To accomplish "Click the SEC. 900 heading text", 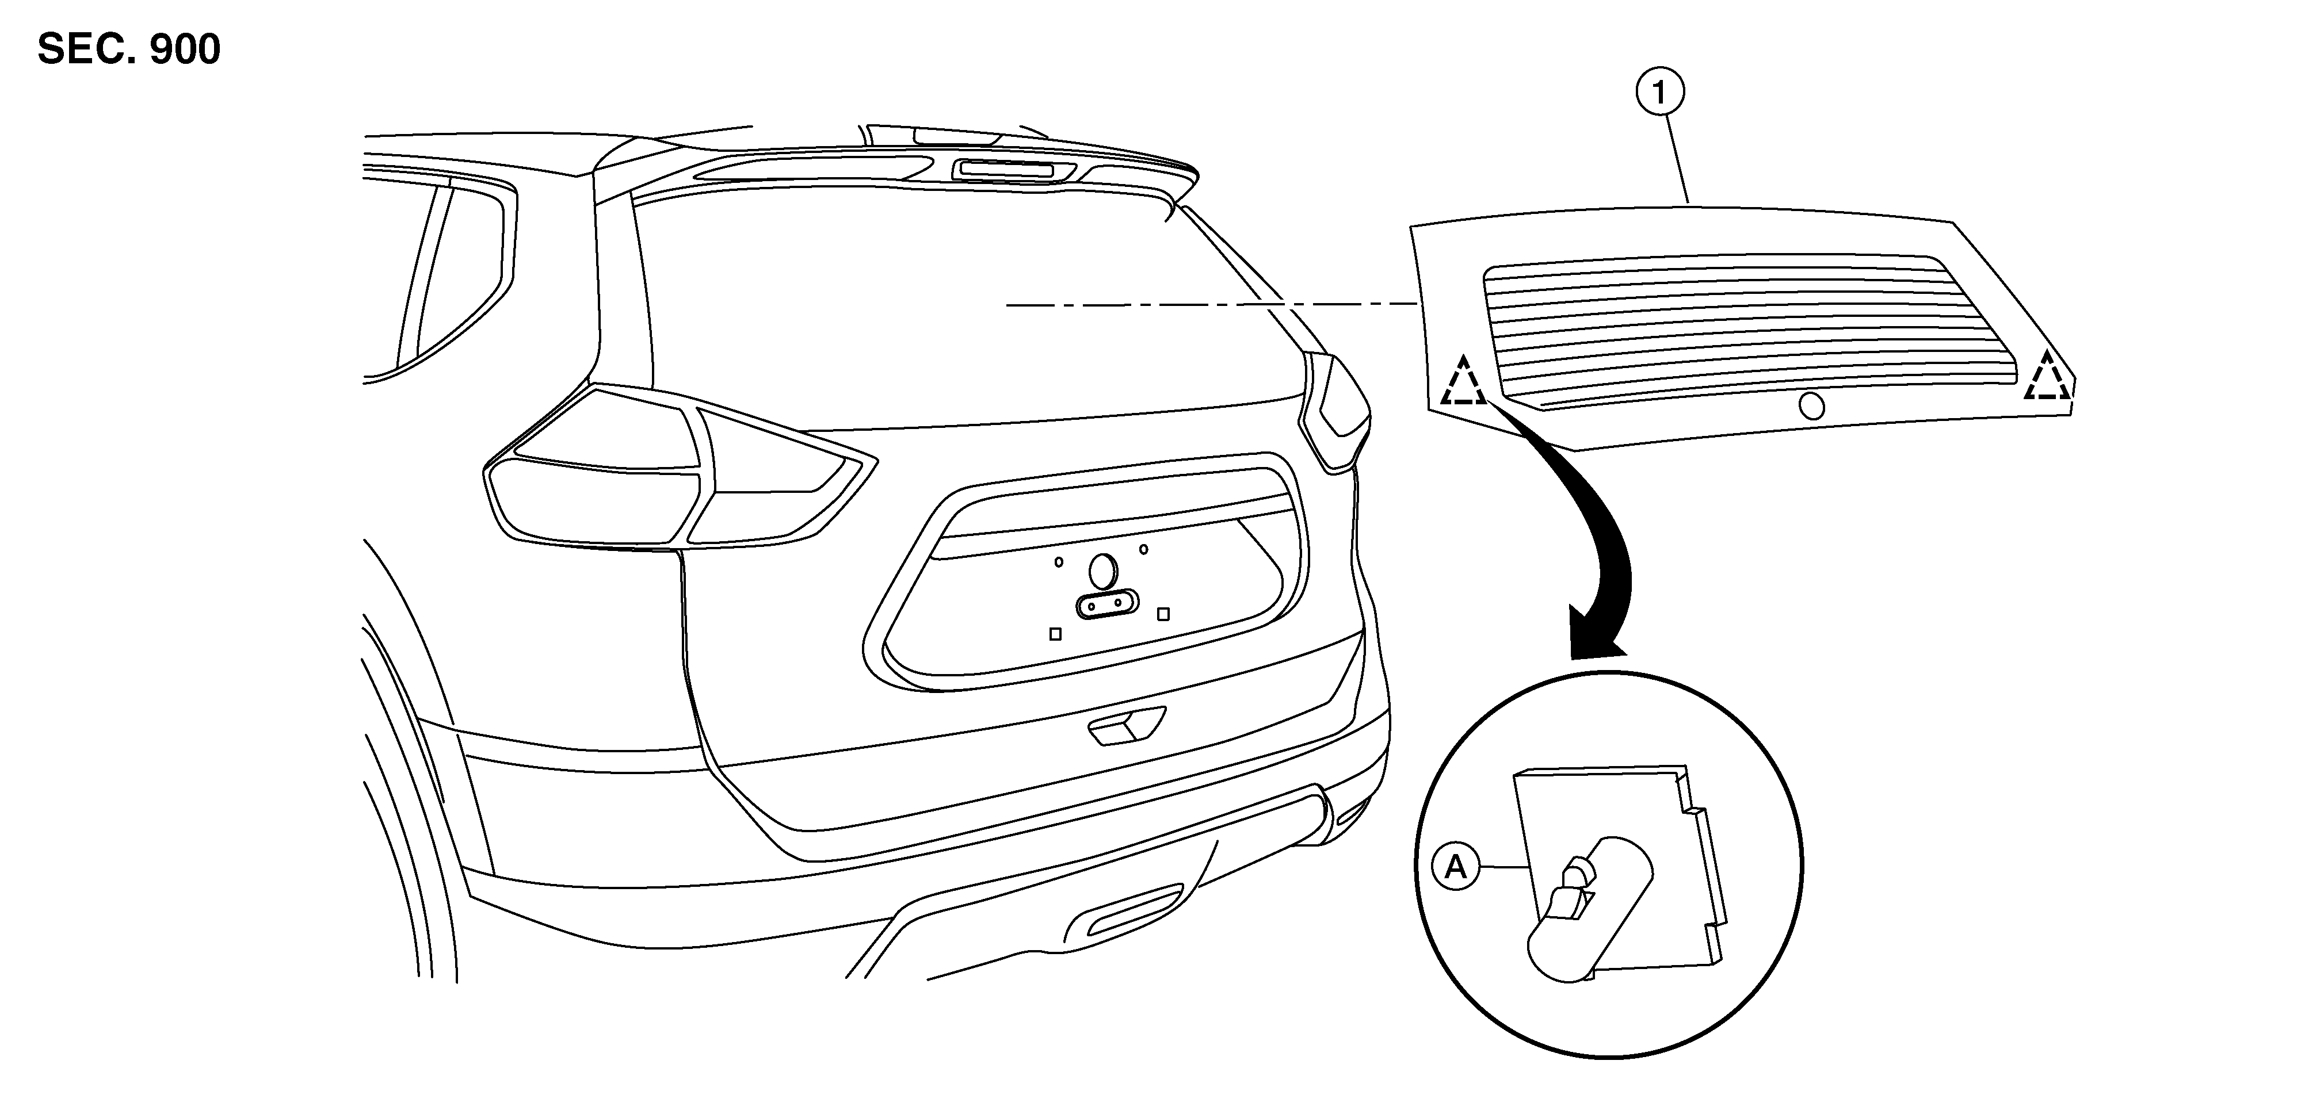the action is (x=129, y=49).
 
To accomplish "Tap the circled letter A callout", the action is (x=1456, y=867).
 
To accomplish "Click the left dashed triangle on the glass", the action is (x=1463, y=381).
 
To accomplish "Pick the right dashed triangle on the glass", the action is (x=2048, y=376).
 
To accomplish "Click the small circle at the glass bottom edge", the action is (x=1811, y=406).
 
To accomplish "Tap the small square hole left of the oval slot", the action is (x=1055, y=634).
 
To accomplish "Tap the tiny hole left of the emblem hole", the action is (x=1059, y=562).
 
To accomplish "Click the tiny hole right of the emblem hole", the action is (x=1144, y=549).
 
